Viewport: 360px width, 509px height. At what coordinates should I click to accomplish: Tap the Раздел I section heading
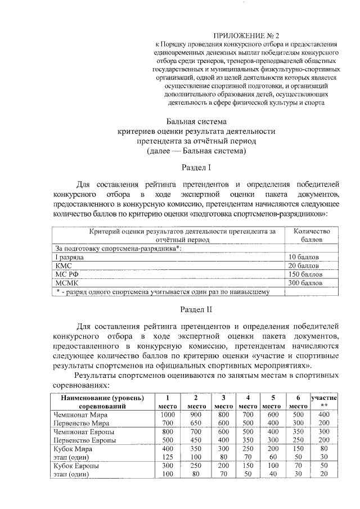pos(196,168)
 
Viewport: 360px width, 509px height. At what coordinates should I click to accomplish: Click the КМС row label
pos(64,265)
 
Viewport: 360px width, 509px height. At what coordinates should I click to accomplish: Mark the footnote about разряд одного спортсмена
pos(163,292)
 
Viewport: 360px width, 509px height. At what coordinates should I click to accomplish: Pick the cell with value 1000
pos(168,414)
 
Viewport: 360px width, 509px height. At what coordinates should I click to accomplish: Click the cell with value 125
pos(168,457)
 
